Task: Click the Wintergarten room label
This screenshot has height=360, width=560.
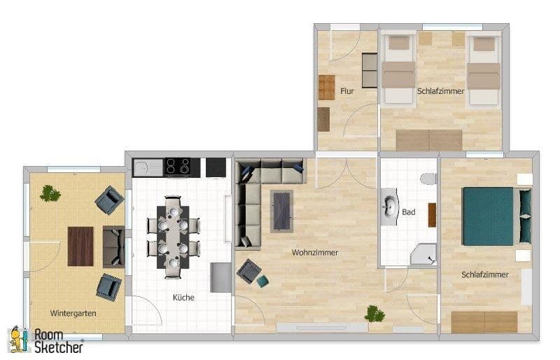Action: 73,313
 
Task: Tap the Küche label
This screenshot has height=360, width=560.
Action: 183,297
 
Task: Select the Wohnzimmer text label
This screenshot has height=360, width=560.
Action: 315,253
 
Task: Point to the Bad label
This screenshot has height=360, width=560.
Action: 408,212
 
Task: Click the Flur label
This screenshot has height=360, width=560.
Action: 347,91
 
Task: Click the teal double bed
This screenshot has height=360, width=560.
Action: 491,216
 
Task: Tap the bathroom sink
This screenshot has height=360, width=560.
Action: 389,207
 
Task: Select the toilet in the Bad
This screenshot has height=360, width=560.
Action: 428,178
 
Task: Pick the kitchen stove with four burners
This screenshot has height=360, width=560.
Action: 178,167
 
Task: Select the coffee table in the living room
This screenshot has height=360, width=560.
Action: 281,210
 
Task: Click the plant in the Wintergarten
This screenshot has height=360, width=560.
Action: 50,193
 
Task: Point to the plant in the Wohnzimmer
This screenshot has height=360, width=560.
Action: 374,314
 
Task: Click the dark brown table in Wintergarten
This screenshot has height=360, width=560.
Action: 80,246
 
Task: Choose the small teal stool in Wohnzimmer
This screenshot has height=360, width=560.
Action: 262,281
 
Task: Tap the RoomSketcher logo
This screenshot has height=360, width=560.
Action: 45,340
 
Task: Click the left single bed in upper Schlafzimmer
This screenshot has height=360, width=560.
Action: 398,70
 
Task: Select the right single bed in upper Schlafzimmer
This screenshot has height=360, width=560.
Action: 484,70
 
